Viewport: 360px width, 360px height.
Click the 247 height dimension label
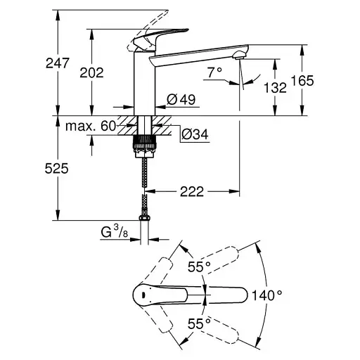(x=58, y=63)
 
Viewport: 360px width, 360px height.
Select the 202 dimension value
(x=91, y=72)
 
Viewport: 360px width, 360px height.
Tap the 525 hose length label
(x=56, y=169)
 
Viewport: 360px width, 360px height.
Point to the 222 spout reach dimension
(x=192, y=192)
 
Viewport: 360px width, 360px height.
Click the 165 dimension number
(x=302, y=80)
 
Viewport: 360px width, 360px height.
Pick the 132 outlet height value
(x=275, y=88)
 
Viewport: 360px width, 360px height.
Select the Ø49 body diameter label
(x=181, y=100)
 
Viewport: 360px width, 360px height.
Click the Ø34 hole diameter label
(x=195, y=135)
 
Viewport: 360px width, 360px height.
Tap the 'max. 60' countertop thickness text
(x=91, y=126)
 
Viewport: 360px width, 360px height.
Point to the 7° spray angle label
(x=214, y=72)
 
